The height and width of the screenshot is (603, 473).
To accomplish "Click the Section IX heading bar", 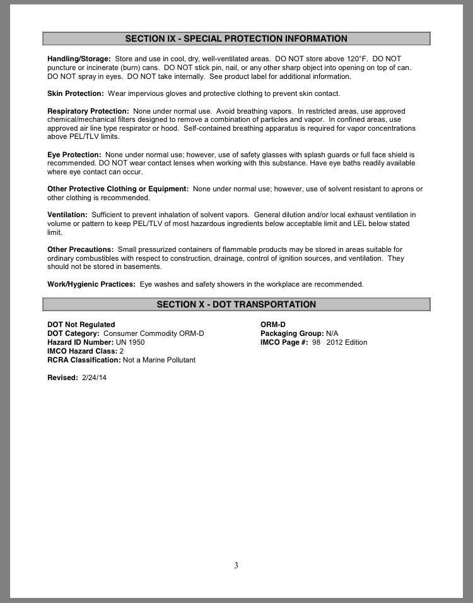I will pos(236,39).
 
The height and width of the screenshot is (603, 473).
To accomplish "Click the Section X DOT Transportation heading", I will pos(236,304).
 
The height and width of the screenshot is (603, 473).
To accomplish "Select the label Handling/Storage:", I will pos(79,58).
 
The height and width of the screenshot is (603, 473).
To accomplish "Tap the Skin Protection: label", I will pos(76,93).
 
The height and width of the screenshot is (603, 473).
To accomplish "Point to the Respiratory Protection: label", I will pos(88,111).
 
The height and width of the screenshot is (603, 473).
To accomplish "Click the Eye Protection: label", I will pos(74,155).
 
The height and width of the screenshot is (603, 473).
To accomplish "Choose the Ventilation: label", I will pos(67,215).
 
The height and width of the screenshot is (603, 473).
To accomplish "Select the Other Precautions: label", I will pos(80,249).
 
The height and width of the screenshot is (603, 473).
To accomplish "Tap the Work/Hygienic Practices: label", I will pos(91,284).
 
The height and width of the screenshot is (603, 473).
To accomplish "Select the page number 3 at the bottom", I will pos(236,565).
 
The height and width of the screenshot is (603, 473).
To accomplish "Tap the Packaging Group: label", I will pos(292,333).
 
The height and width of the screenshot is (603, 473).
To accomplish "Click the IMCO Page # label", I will pos(284,342).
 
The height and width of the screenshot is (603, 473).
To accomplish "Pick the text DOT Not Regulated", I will pos(81,325).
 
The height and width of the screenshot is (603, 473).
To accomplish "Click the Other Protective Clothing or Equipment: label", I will pos(118,189).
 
